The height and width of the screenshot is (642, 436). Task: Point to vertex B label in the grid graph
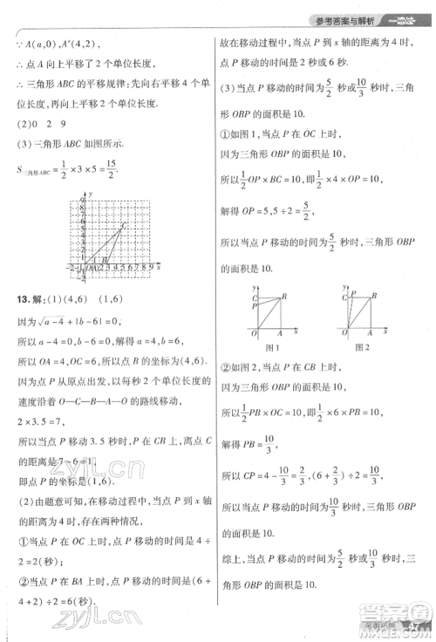106,259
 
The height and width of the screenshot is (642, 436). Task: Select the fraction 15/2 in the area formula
110,174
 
